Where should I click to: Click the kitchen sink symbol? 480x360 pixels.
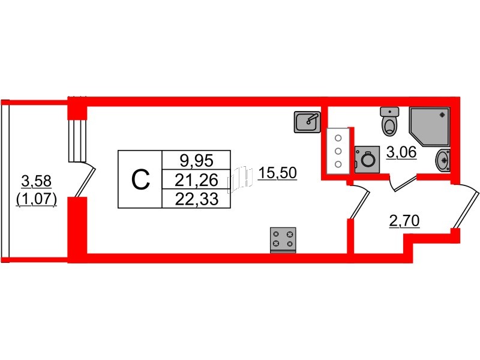click(307, 122)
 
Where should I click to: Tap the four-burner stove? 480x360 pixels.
click(283, 240)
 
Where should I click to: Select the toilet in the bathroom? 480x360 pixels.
click(389, 121)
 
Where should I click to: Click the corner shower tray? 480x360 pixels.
click(430, 127)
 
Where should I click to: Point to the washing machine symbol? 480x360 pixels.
click(367, 160)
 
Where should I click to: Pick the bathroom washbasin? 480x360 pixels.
click(443, 160)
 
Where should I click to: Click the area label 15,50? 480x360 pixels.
click(277, 173)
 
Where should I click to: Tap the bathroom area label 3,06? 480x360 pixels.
click(401, 152)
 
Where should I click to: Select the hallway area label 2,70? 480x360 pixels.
click(404, 221)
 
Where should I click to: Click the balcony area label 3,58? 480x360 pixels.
click(37, 182)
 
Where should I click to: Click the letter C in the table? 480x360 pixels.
click(140, 180)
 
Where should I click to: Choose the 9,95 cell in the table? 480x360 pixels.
click(196, 160)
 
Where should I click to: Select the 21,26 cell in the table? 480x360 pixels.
click(196, 179)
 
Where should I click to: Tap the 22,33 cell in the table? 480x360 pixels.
click(196, 199)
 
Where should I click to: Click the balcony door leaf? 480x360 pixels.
click(85, 182)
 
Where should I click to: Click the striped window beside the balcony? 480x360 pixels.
click(77, 140)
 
